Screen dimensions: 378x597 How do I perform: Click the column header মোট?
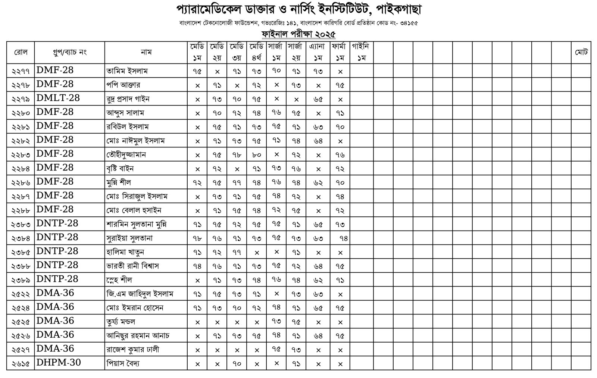(x=581, y=52)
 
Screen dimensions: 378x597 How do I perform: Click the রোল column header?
(x=21, y=52)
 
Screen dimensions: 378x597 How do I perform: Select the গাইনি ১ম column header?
(x=361, y=52)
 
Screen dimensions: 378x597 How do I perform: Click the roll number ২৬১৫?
(x=21, y=363)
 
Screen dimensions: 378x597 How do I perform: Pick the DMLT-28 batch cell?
(x=58, y=99)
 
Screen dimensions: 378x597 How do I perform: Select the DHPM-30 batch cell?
(x=59, y=363)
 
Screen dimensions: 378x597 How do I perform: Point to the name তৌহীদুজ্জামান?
(x=126, y=154)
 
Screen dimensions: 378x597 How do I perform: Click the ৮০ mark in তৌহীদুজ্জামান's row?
(x=256, y=155)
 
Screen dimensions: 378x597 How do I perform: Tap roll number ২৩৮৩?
(x=21, y=224)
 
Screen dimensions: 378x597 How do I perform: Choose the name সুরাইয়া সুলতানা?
(x=129, y=238)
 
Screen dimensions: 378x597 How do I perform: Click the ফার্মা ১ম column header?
(x=340, y=52)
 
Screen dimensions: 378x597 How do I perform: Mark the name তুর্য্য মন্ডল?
(x=121, y=321)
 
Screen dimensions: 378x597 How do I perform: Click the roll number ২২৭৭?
(x=21, y=71)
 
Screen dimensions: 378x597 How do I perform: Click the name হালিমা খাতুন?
(x=125, y=252)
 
